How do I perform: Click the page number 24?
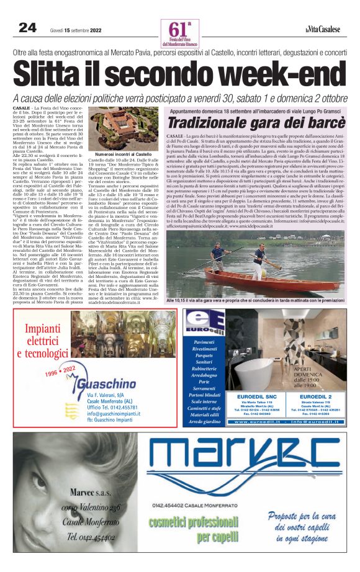coord(27,28)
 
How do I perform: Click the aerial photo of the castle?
coord(118,130)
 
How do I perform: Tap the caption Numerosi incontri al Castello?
coord(119,153)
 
